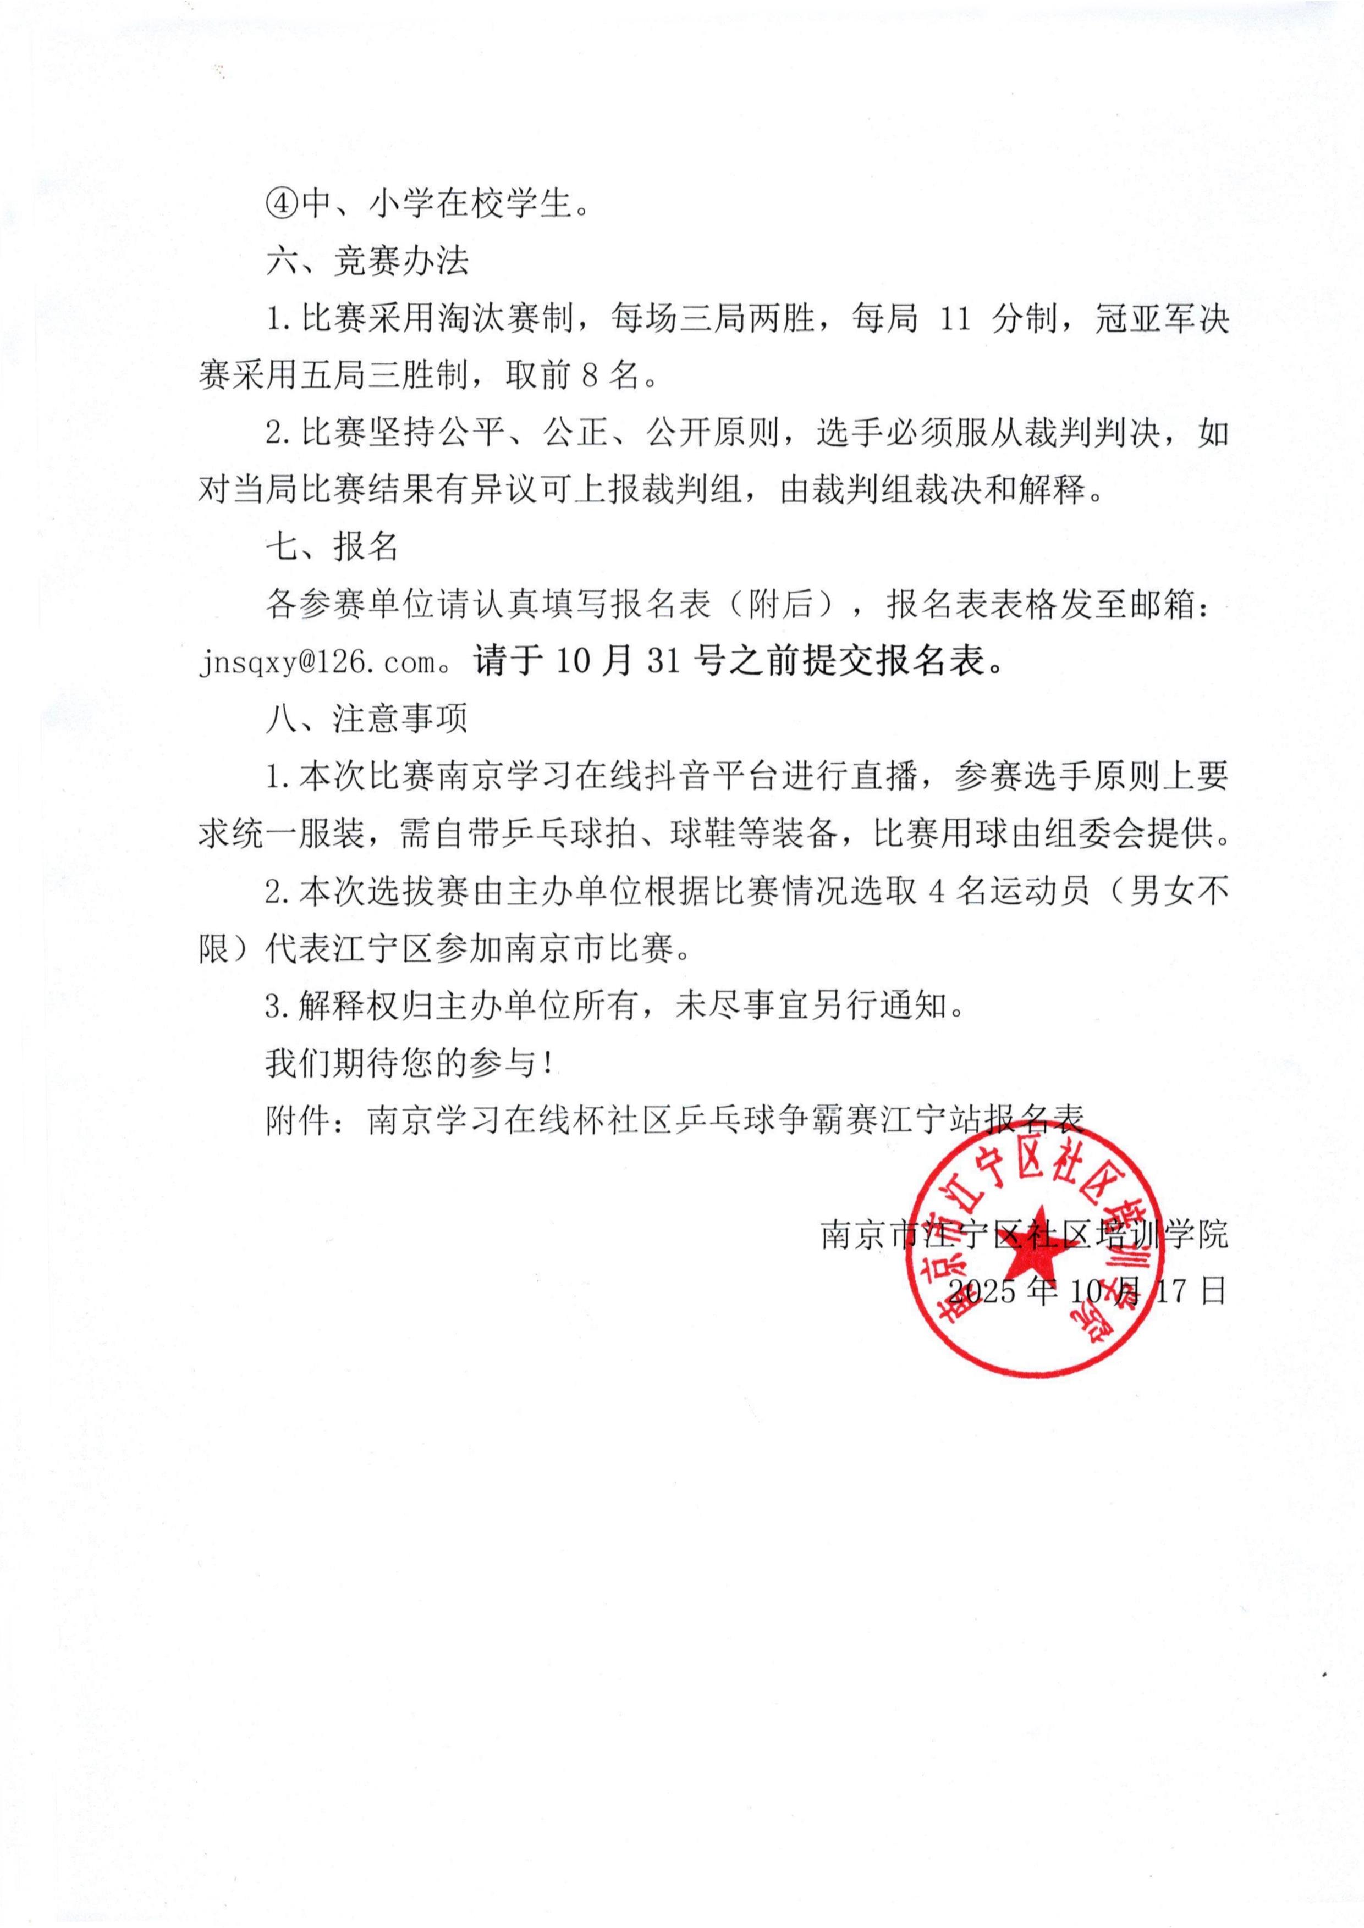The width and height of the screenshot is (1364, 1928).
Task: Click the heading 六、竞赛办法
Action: click(x=367, y=262)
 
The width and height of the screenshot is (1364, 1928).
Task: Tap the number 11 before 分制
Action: click(x=955, y=320)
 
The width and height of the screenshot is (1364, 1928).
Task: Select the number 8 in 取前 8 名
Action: click(x=590, y=376)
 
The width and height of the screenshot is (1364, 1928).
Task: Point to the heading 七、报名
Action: click(x=333, y=548)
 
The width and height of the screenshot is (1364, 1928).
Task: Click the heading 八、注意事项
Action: click(x=367, y=719)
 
